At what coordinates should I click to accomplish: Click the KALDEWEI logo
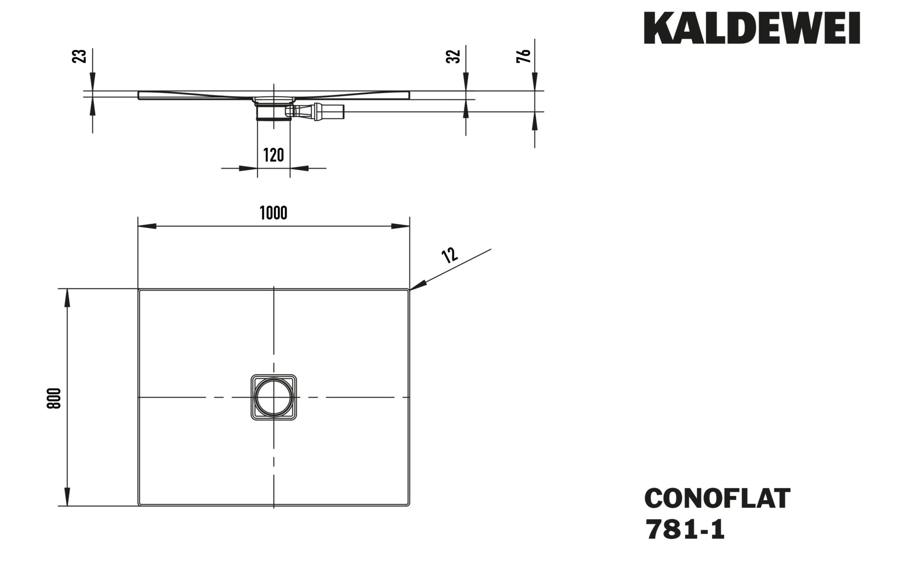click(752, 28)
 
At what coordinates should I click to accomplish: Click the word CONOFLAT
click(717, 498)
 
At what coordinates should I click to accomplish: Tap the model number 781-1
click(685, 530)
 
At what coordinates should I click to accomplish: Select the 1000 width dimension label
click(273, 213)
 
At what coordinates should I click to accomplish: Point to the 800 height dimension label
click(55, 398)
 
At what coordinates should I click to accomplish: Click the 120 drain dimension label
click(273, 155)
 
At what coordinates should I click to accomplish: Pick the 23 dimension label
click(80, 56)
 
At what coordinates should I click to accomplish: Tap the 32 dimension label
click(454, 56)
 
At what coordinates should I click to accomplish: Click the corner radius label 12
click(449, 254)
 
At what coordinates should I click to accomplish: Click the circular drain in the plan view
click(273, 397)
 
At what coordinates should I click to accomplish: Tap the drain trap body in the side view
click(273, 110)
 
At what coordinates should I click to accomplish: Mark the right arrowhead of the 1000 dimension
click(401, 226)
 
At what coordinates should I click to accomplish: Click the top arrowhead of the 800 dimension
click(67, 298)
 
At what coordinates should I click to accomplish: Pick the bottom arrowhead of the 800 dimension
click(67, 496)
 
